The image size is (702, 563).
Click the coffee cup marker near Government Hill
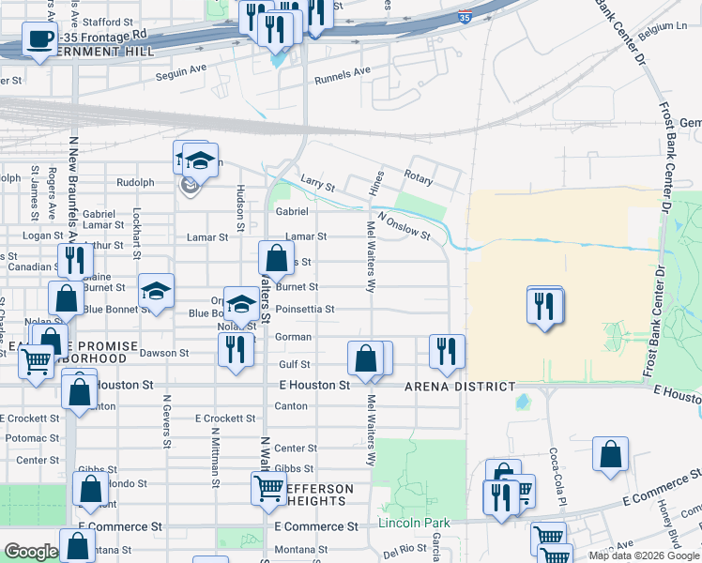coord(38,40)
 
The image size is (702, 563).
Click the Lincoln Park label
coord(414,523)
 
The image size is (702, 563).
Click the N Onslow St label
coord(404,230)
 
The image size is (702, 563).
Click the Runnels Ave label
coord(343,70)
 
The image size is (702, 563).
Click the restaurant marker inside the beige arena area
coord(544,305)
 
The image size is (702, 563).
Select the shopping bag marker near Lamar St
coord(276,257)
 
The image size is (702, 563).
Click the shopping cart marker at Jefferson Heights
coord(269,488)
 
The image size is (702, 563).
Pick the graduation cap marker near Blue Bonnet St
coord(157,290)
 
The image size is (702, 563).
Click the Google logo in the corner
coord(31,553)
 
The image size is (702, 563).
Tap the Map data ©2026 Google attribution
coord(643,555)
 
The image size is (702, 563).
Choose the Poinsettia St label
coord(304,309)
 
